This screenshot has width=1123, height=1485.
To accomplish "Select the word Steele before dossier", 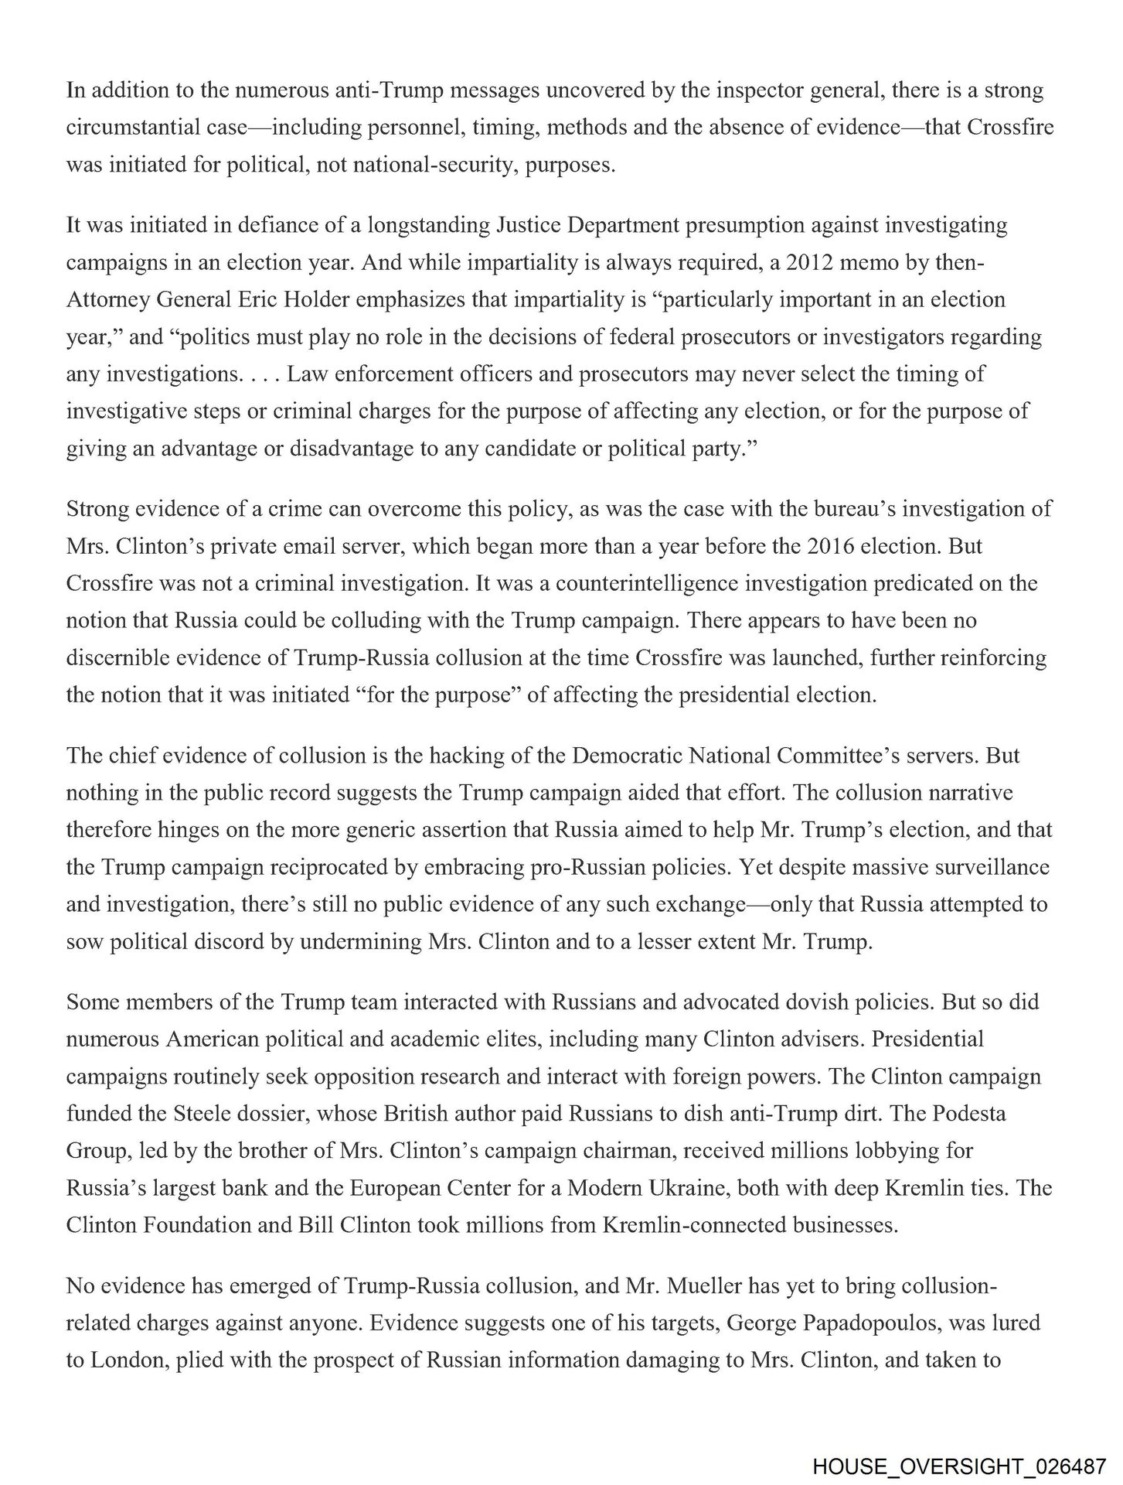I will click(x=234, y=1114).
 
